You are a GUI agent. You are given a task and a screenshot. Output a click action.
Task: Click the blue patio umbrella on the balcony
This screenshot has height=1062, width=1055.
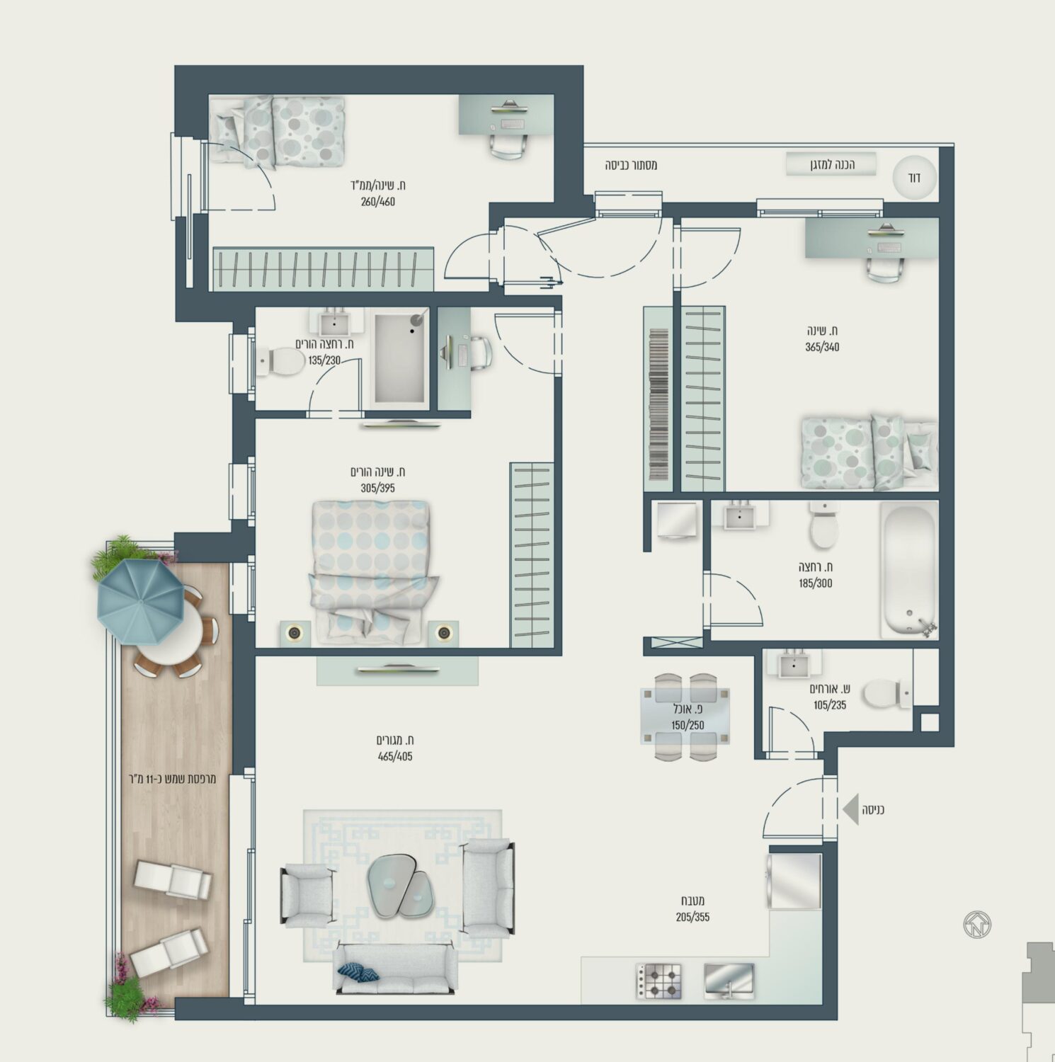pos(141,601)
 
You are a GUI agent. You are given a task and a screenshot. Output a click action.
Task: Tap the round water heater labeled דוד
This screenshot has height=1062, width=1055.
pos(914,177)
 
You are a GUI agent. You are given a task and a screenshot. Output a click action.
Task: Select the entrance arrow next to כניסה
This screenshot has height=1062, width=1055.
pos(850,809)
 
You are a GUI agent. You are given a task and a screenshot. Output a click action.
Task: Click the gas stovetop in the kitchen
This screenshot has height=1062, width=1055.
pos(658,981)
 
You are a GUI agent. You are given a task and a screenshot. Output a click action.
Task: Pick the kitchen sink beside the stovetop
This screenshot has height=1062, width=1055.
pos(729,981)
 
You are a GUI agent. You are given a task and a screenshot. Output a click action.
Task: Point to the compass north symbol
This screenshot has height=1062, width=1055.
pos(977,925)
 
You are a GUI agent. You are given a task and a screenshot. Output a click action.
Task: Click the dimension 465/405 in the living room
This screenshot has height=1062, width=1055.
pos(394,756)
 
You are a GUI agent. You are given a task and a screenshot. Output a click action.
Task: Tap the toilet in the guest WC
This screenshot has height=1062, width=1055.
pos(886,694)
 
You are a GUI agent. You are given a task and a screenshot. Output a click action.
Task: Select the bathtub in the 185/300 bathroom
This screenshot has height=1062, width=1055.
pos(909,569)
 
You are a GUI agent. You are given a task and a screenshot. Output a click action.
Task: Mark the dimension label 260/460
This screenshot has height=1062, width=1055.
pos(377,202)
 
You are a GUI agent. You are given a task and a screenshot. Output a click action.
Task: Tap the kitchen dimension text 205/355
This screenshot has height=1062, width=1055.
pos(692,918)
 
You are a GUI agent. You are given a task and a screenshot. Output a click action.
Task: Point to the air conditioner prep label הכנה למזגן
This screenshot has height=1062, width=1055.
pos(832,165)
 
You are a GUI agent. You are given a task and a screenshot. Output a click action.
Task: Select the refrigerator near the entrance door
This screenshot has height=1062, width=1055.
pos(794,881)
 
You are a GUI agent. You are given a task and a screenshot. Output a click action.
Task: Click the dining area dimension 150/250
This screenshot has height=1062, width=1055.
pos(688,726)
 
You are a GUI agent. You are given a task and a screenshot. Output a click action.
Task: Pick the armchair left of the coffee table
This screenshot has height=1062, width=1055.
pos(307,895)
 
